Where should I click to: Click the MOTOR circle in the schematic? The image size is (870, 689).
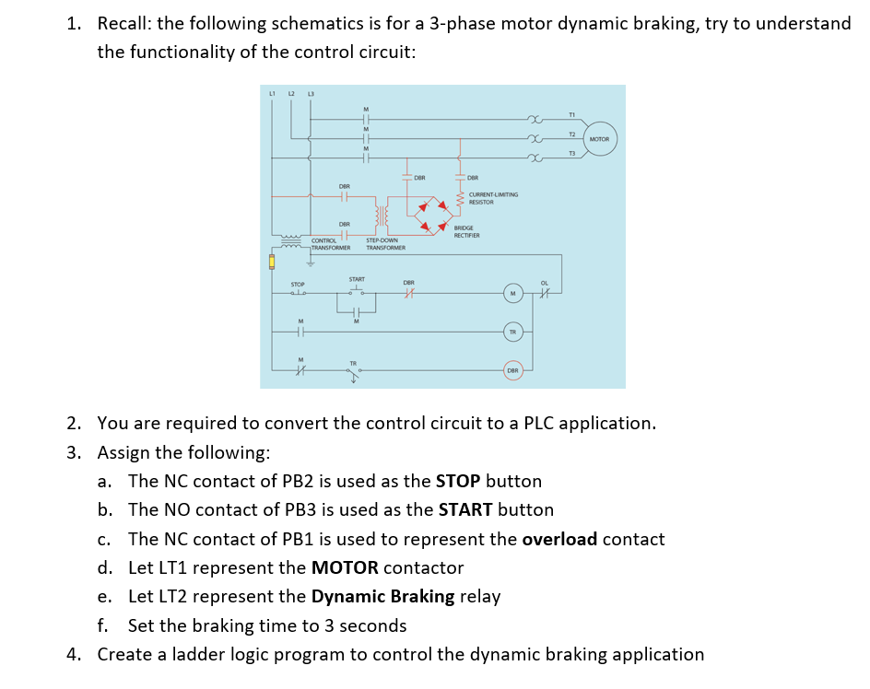[599, 139]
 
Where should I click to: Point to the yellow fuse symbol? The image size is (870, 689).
[272, 262]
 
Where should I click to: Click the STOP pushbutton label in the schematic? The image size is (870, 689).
[298, 284]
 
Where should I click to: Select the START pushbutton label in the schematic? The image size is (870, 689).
[357, 279]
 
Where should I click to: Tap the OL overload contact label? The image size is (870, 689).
[545, 283]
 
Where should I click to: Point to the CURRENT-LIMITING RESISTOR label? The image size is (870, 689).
[493, 198]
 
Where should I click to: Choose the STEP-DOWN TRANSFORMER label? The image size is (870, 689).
[385, 244]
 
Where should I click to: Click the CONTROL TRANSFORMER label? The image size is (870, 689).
[329, 244]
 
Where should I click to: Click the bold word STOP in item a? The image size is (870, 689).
[458, 481]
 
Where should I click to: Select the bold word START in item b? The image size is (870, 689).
[465, 509]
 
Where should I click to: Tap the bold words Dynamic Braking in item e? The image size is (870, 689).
[382, 597]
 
